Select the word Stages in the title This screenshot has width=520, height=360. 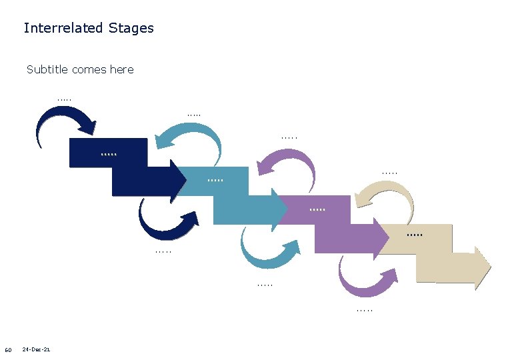pyautogui.click(x=131, y=29)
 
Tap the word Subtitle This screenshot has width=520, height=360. pyautogui.click(x=47, y=69)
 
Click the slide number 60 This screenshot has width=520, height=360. pyautogui.click(x=8, y=351)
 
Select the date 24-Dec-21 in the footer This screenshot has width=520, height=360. pyautogui.click(x=36, y=350)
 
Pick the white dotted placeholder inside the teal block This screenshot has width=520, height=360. pyautogui.click(x=215, y=180)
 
